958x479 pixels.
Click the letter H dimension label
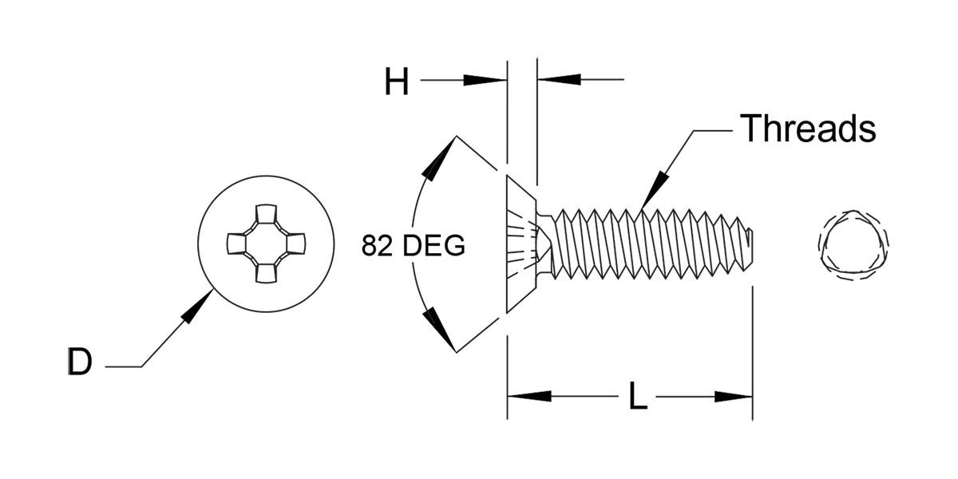(397, 81)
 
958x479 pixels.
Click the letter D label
(80, 362)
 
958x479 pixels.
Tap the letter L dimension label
(638, 396)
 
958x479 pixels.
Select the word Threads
(808, 128)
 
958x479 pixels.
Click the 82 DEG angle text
(414, 246)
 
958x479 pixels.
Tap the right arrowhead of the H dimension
(559, 79)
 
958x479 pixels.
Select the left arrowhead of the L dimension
(529, 396)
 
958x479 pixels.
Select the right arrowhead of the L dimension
(734, 397)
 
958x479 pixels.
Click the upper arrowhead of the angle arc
(438, 157)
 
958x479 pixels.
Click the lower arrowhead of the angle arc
(438, 329)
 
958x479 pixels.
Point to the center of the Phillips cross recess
(266, 243)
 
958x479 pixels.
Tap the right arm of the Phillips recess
(296, 243)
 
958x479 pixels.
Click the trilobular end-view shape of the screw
(853, 245)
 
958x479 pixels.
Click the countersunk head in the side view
(521, 243)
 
